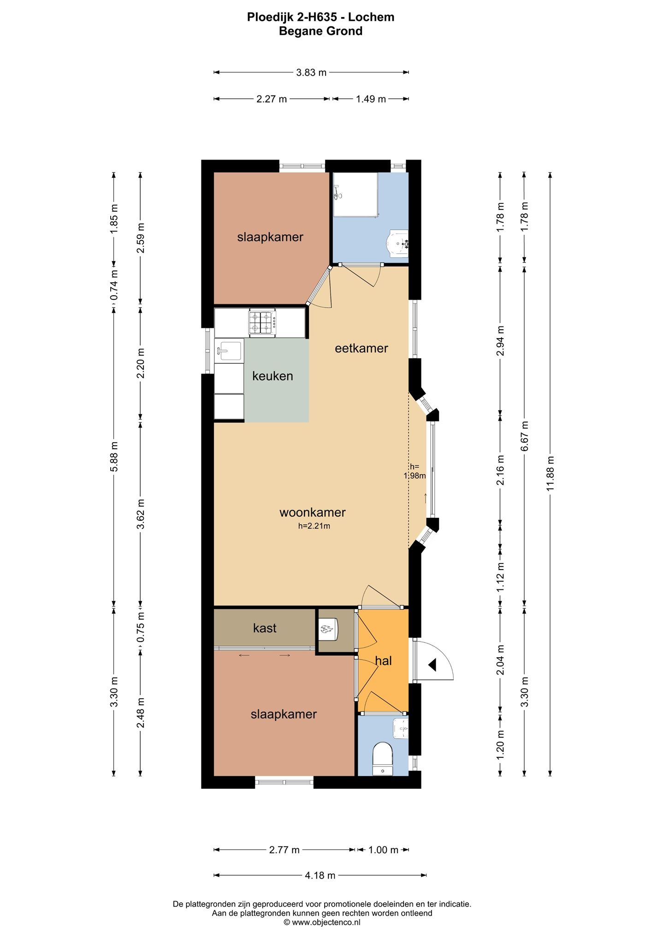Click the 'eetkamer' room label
coord(362,348)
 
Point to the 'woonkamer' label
coord(313,512)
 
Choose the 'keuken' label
coord(273,376)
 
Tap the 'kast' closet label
coord(265,628)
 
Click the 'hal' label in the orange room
coord(383,661)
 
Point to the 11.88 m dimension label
coord(550,474)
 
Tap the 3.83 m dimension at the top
coord(311,72)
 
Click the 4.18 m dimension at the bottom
coord(320,875)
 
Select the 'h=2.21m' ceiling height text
coord(314,526)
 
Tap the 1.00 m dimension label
coord(383,850)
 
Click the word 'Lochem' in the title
coord(371,17)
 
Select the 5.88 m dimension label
coord(114,457)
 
